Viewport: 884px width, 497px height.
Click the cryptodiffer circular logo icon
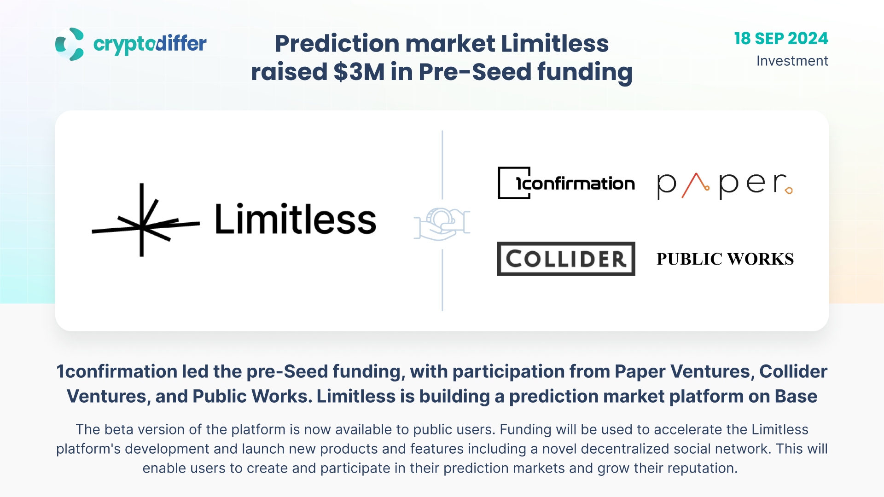[x=70, y=44]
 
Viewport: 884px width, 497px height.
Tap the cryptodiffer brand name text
[x=150, y=44]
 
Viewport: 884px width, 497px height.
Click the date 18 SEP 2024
[x=781, y=39]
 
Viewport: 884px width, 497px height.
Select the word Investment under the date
[x=792, y=61]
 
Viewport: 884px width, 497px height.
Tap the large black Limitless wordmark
[x=296, y=220]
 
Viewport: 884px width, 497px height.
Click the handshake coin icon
[x=442, y=224]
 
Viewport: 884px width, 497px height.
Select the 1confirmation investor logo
[x=566, y=183]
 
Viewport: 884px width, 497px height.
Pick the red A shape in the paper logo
[x=696, y=185]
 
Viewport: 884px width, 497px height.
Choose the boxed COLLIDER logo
[x=566, y=259]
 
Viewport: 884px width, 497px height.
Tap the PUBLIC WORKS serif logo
[x=725, y=259]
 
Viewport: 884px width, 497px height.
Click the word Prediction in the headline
[x=337, y=44]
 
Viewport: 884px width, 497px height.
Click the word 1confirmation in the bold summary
[x=117, y=371]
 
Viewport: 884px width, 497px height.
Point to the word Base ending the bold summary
[x=796, y=396]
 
